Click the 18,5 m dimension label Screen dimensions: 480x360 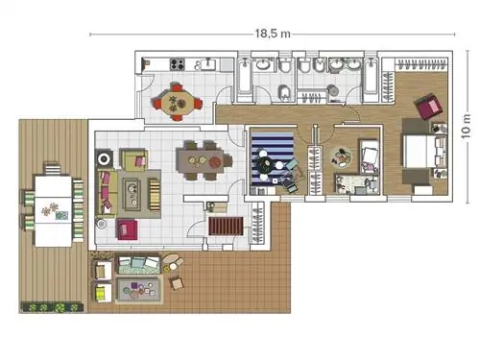tap(273, 34)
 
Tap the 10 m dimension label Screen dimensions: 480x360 tap(466, 126)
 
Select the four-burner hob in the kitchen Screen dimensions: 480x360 tap(177, 64)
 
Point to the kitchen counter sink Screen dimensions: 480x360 tap(208, 64)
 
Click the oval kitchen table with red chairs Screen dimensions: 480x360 tap(177, 102)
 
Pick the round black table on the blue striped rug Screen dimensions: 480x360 tap(265, 164)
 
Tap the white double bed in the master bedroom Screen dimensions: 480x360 tap(419, 152)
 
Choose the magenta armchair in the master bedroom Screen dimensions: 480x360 tap(429, 107)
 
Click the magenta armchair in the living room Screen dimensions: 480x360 tap(127, 229)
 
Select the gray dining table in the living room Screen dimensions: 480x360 tap(201, 161)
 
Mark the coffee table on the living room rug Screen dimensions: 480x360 tap(132, 194)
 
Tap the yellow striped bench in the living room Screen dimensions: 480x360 tap(154, 195)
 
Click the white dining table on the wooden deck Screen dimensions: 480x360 tap(53, 211)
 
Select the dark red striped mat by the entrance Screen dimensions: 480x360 tap(226, 226)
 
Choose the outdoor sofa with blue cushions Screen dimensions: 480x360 tap(139, 264)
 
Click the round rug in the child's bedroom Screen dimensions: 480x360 tap(342, 157)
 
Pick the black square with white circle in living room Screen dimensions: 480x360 tap(104, 158)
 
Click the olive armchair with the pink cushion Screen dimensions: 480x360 tap(133, 159)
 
